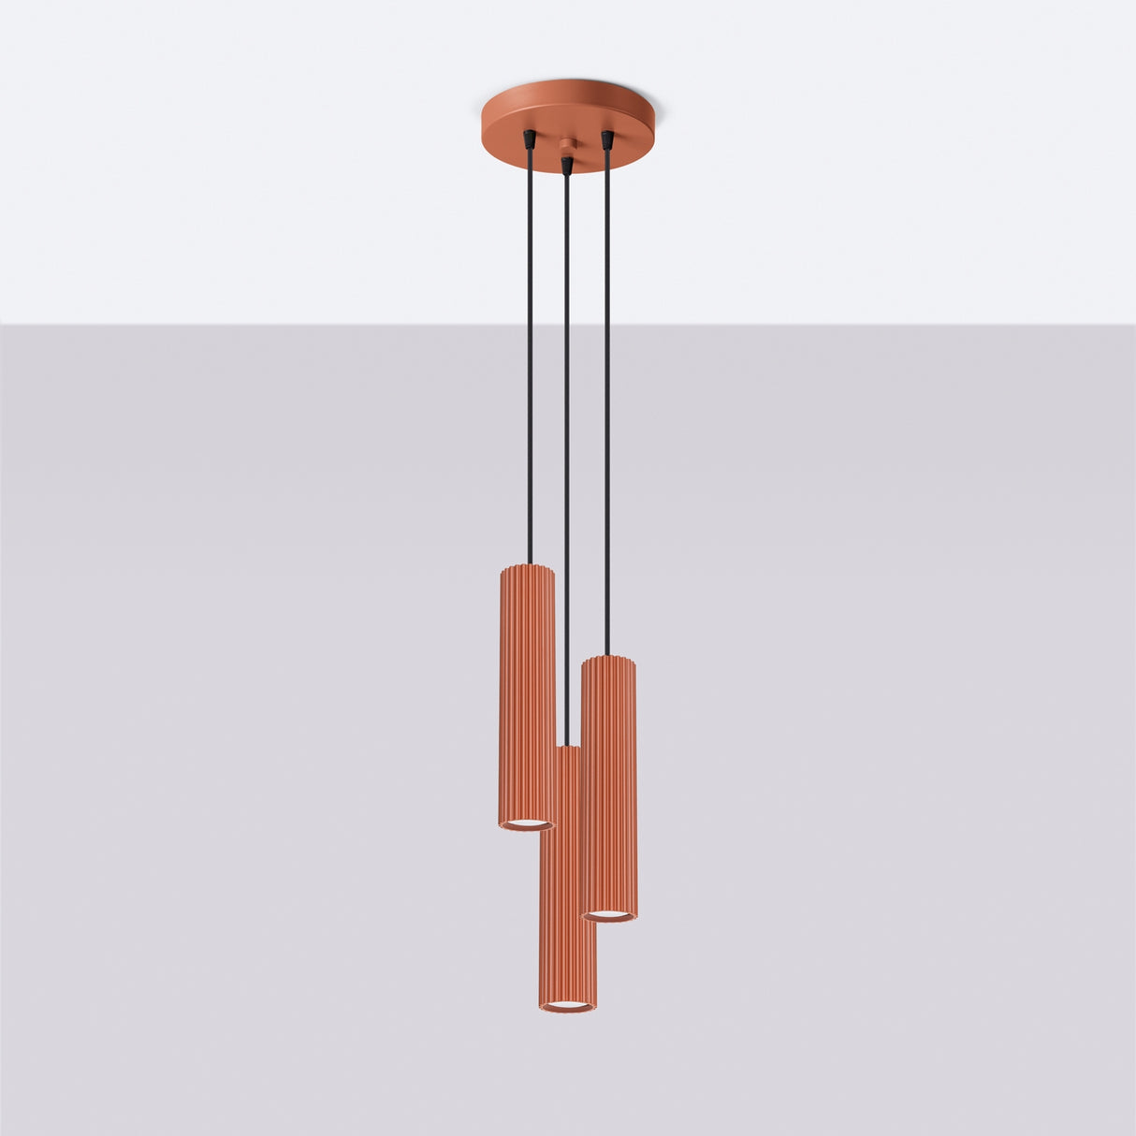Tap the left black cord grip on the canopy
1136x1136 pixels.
coord(530,138)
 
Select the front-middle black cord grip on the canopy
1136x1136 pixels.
coord(565,165)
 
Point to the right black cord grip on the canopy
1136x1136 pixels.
coord(607,139)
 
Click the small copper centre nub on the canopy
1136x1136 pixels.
coord(565,145)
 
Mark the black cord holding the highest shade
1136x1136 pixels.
coord(530,356)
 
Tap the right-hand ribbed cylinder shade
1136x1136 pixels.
coord(608,786)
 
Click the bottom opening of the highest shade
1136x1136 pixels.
coord(527,823)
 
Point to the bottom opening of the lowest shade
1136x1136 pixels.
coord(567,1006)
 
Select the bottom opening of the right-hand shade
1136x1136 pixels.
coord(609,914)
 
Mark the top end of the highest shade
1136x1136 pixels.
coord(527,568)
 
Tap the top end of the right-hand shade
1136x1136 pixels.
coord(608,661)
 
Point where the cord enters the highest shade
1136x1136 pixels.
coord(530,563)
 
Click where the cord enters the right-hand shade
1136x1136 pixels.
coord(607,656)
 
